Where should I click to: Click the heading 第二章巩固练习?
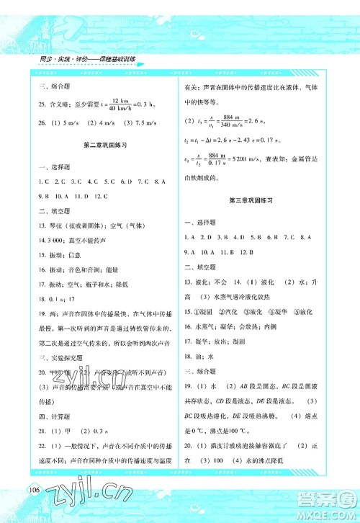coord(104,145)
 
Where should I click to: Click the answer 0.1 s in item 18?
coord(55,297)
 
